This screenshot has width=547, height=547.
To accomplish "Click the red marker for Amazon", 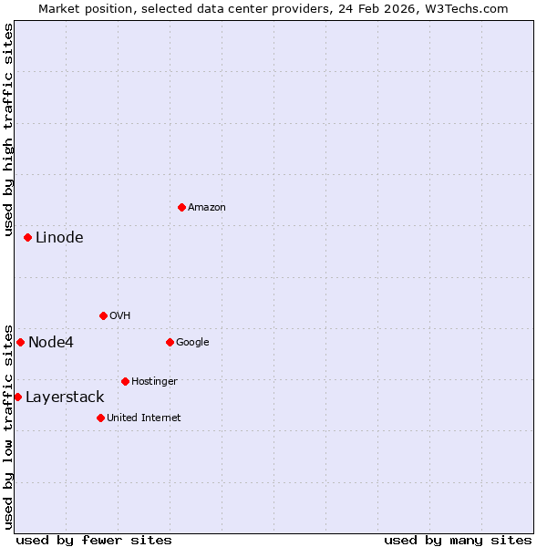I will pyautogui.click(x=181, y=207).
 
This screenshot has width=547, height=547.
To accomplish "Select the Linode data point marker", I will pyautogui.click(x=27, y=237).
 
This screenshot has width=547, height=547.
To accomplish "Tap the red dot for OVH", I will pyautogui.click(x=103, y=315).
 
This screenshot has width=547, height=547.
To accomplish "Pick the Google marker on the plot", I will pyautogui.click(x=170, y=342).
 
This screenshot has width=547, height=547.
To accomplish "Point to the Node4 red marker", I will pyautogui.click(x=20, y=342).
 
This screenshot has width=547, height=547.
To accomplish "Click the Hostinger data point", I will pyautogui.click(x=125, y=381).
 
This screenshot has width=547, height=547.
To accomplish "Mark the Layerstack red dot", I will pyautogui.click(x=17, y=397).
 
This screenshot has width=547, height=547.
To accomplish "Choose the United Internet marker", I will pyautogui.click(x=100, y=418).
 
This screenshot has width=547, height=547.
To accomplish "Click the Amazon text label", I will pyautogui.click(x=207, y=208).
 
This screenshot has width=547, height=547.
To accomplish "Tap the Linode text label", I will pyautogui.click(x=59, y=238).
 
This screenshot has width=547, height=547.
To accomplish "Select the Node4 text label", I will pyautogui.click(x=51, y=343).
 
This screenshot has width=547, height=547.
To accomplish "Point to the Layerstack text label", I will pyautogui.click(x=65, y=397).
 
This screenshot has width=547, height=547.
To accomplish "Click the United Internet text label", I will pyautogui.click(x=144, y=418).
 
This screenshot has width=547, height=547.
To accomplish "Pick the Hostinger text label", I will pyautogui.click(x=154, y=382).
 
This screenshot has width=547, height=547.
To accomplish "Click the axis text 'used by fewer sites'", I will pyautogui.click(x=94, y=541).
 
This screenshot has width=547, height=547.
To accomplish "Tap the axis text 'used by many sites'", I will pyautogui.click(x=458, y=541).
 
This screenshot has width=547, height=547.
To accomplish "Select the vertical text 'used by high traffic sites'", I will pyautogui.click(x=9, y=132).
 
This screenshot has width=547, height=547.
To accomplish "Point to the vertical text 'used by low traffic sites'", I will pyautogui.click(x=9, y=427).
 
